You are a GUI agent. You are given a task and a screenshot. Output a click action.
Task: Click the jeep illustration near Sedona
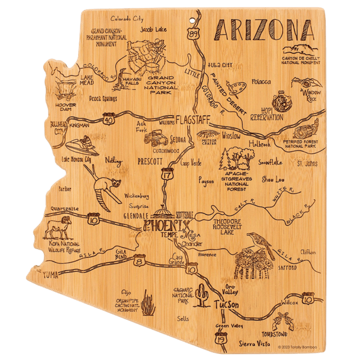(x=156, y=137)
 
